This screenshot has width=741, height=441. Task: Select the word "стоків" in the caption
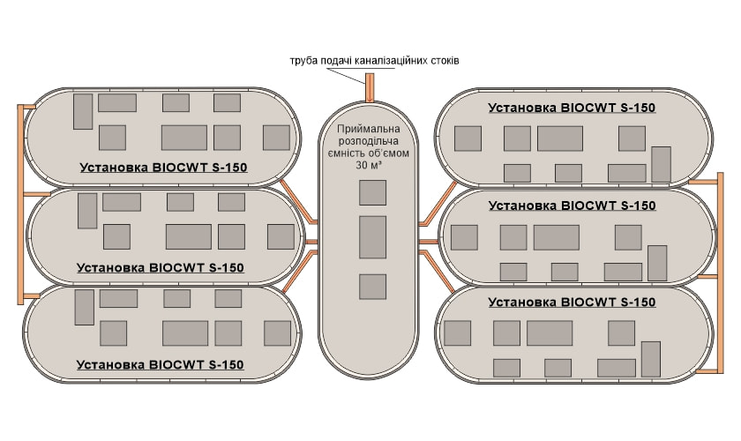(x=445, y=61)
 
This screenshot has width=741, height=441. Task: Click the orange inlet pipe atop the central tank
(x=370, y=87)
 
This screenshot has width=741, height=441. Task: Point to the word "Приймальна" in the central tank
(x=369, y=129)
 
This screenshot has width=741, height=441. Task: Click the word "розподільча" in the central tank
(x=369, y=141)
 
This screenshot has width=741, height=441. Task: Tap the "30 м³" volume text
(x=369, y=165)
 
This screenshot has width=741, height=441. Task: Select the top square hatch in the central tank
(x=372, y=192)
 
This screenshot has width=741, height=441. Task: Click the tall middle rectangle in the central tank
(x=372, y=237)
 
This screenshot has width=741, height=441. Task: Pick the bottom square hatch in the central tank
(x=372, y=287)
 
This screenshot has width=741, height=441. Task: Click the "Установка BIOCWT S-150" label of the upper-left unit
(x=163, y=168)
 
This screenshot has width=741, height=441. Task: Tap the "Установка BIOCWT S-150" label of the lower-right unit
(x=572, y=303)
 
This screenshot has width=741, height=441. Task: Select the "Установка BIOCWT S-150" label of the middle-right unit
(x=573, y=206)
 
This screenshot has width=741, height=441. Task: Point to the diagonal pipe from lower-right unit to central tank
(x=437, y=271)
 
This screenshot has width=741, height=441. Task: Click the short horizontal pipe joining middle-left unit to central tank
(x=311, y=242)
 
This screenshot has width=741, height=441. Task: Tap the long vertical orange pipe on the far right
(x=720, y=273)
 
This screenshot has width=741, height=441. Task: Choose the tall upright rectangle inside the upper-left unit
(x=83, y=111)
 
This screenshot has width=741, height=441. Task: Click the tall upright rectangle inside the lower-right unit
(x=651, y=359)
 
